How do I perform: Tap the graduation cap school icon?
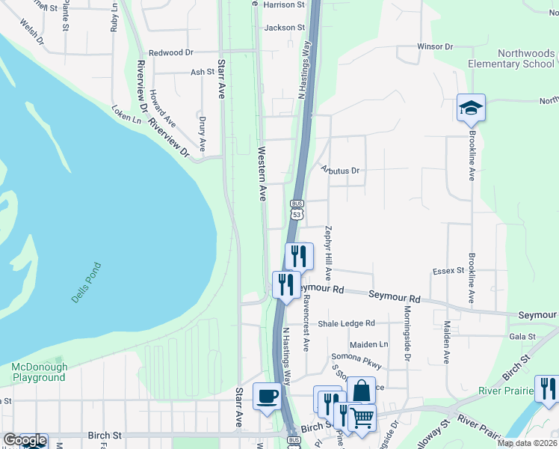click(x=471, y=109)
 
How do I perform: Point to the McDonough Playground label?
click(x=39, y=372)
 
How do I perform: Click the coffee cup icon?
click(x=266, y=397)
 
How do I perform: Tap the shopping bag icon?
click(x=361, y=391)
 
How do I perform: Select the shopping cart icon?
click(x=362, y=418)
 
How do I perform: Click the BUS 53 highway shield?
click(x=297, y=210)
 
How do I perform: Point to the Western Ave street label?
click(x=262, y=174)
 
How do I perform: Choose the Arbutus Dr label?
click(x=340, y=171)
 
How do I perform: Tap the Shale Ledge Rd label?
click(x=346, y=323)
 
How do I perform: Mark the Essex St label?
click(x=448, y=271)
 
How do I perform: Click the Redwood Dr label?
click(x=171, y=52)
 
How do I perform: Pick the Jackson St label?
click(x=285, y=28)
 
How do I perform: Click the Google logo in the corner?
click(x=25, y=441)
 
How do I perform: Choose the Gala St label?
click(x=522, y=337)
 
